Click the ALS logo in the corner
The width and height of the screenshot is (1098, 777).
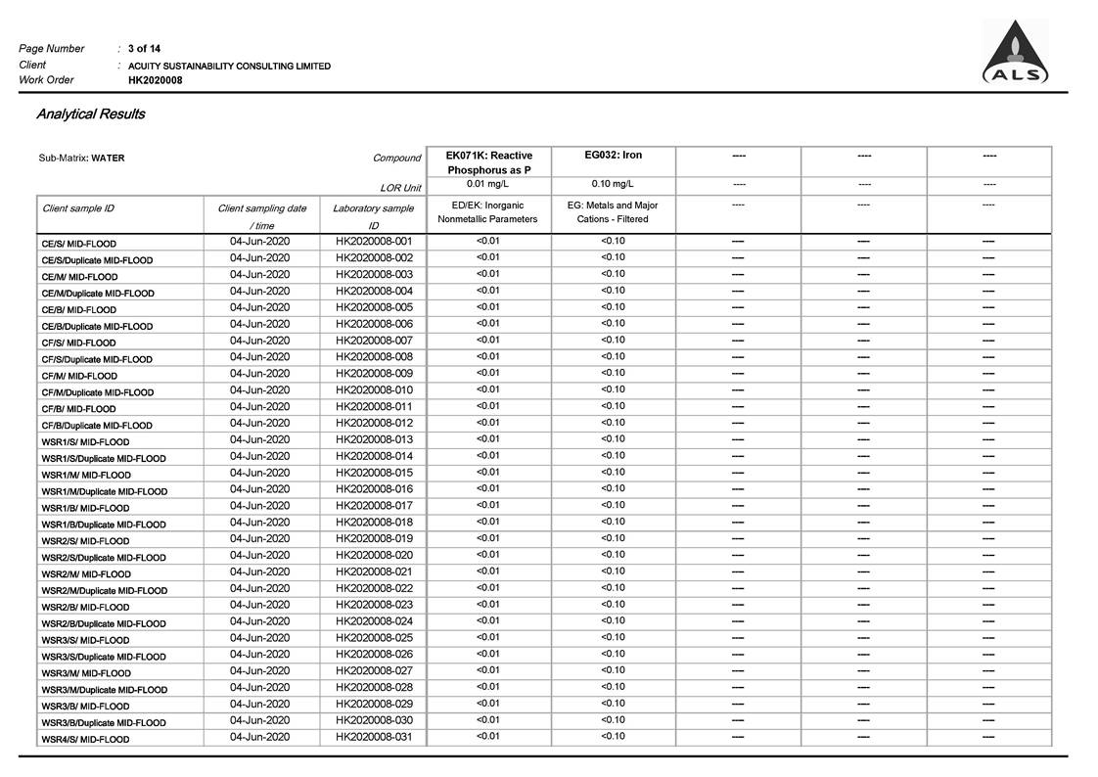(1016, 54)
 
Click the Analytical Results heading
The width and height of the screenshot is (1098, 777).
(90, 114)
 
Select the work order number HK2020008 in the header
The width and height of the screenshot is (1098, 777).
(155, 80)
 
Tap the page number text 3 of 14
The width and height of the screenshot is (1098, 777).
(145, 49)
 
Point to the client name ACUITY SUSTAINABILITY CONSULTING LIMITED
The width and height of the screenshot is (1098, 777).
(229, 66)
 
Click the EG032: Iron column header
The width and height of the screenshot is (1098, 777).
(613, 156)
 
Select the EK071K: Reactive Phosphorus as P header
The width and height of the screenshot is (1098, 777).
(488, 162)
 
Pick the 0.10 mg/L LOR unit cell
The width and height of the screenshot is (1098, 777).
(613, 184)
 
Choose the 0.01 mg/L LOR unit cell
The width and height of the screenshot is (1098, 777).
(488, 184)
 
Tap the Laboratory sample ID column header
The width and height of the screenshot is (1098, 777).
(373, 216)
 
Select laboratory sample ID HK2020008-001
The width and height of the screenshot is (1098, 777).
(374, 241)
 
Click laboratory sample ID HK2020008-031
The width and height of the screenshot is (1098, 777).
(374, 737)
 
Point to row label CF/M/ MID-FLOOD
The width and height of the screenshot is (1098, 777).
(79, 376)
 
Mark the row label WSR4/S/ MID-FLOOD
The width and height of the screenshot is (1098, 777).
(85, 740)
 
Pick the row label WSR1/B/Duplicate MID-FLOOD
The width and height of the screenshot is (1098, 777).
(104, 525)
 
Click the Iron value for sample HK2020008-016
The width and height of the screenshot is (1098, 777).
(613, 488)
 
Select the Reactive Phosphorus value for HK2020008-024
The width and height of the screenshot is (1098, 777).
(487, 620)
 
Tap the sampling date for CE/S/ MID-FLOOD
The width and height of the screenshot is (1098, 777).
(259, 241)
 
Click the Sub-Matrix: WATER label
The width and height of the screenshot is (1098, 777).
(82, 158)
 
